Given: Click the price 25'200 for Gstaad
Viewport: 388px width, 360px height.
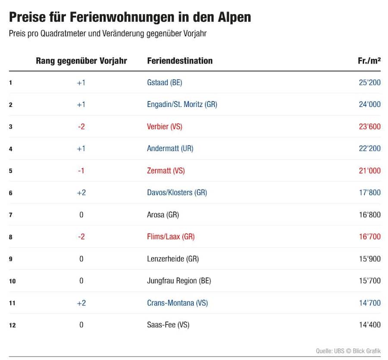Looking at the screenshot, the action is pyautogui.click(x=370, y=82).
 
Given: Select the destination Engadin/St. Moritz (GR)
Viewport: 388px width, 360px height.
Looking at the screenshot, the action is pyautogui.click(x=182, y=104).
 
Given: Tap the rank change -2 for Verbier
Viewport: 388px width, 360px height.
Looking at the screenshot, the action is pyautogui.click(x=81, y=126).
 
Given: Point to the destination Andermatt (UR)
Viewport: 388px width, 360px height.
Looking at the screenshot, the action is pyautogui.click(x=170, y=148).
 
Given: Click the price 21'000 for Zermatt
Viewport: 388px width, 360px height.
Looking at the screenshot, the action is pyautogui.click(x=370, y=170).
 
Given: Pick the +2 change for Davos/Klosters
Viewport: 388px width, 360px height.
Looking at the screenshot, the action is pyautogui.click(x=81, y=192).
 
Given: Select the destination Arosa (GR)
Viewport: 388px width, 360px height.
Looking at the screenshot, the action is pyautogui.click(x=163, y=215).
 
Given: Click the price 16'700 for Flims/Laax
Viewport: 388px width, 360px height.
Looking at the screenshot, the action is pyautogui.click(x=370, y=237).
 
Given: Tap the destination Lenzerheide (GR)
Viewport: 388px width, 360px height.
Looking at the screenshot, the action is pyautogui.click(x=173, y=259).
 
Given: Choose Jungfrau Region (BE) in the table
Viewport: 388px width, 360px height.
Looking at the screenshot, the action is pyautogui.click(x=179, y=281).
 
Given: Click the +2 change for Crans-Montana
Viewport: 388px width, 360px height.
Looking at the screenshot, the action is pyautogui.click(x=81, y=303).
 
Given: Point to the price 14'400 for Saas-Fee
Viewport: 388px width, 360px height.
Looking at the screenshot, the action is pyautogui.click(x=370, y=325).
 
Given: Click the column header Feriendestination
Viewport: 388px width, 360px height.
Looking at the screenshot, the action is pyautogui.click(x=180, y=61).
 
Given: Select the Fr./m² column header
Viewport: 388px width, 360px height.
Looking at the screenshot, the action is pyautogui.click(x=369, y=61).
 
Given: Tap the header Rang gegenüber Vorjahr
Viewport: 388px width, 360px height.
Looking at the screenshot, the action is pyautogui.click(x=81, y=61).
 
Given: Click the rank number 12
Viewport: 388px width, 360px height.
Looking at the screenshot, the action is pyautogui.click(x=13, y=325).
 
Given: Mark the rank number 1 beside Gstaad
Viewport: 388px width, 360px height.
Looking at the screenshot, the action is pyautogui.click(x=10, y=83).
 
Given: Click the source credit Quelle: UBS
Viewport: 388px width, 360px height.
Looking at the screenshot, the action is pyautogui.click(x=330, y=351).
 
